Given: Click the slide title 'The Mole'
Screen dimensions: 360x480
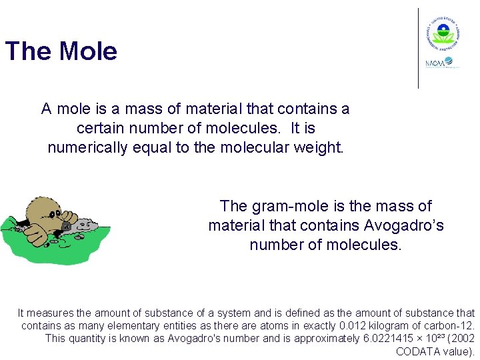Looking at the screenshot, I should [x=61, y=51].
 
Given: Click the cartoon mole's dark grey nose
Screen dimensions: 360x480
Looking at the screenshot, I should [x=66, y=226].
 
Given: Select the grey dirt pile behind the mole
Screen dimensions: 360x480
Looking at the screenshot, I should [x=83, y=225].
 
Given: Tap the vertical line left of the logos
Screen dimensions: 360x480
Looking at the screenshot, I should [x=418, y=48].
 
